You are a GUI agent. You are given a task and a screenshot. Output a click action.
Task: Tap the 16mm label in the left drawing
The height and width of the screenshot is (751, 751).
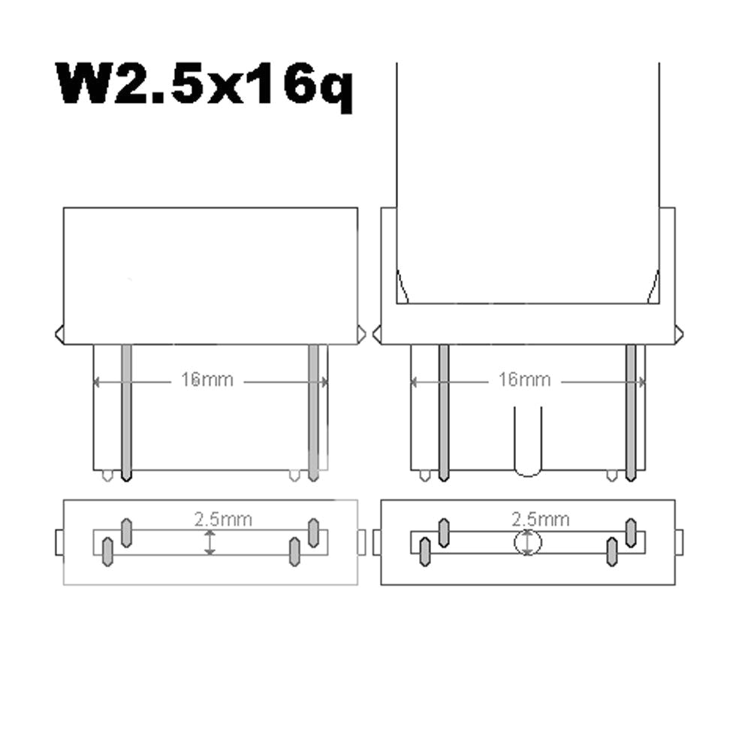tap(207, 381)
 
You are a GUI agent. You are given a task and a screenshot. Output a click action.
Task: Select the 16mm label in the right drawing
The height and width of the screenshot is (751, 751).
tap(523, 380)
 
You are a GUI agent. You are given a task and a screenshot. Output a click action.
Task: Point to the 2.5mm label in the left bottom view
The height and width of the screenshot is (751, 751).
tap(223, 519)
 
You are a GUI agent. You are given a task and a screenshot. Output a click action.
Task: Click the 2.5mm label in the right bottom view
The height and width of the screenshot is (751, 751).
tap(541, 519)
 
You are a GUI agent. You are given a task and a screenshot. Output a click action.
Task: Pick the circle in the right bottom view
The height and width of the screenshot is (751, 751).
tap(528, 542)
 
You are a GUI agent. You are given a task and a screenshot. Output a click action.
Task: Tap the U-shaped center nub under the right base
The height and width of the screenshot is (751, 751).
tap(528, 443)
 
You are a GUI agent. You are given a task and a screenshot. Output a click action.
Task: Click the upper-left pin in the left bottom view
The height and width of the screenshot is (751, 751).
tap(127, 532)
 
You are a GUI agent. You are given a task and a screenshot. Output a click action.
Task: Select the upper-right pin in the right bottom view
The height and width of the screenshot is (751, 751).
tap(631, 532)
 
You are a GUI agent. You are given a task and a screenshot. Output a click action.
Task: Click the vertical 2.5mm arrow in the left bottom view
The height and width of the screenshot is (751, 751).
tap(210, 542)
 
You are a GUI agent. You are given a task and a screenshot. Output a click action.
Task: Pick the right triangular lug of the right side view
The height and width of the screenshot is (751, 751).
tap(679, 333)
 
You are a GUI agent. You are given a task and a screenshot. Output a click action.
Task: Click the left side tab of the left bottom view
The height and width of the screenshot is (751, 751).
tap(60, 541)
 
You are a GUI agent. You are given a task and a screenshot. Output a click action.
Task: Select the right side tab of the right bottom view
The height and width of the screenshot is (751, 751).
tap(679, 541)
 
